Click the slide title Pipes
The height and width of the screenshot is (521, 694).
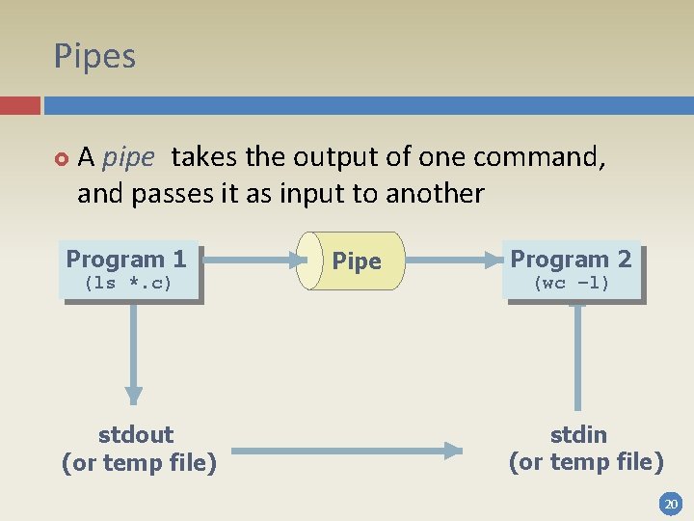94,56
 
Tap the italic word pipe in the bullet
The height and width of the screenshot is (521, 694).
127,156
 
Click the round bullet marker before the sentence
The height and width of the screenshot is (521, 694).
61,157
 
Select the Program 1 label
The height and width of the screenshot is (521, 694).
126,259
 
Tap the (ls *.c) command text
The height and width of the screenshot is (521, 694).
128,283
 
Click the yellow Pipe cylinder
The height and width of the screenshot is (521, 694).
352,260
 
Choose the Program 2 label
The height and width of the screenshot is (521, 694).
571,259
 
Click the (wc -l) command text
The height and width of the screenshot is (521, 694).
572,283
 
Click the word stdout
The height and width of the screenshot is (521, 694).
136,434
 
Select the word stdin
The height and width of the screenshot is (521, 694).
578,434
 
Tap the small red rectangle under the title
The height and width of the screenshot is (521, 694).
19,105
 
